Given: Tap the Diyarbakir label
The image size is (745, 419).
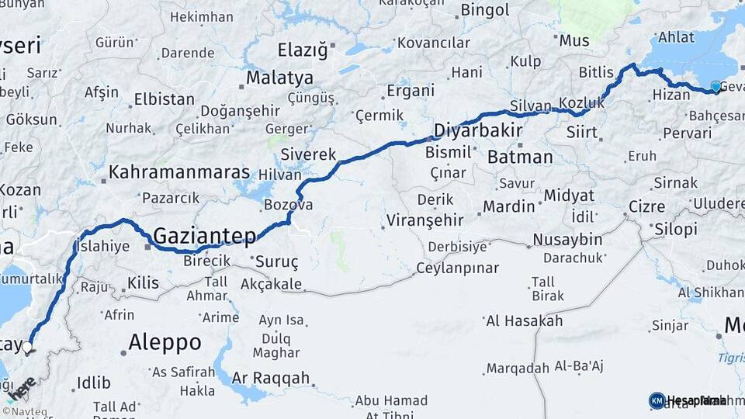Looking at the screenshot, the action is coord(477,130).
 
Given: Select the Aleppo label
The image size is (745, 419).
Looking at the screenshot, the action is coord(165,342).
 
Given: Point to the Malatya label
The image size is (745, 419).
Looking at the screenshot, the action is coord(279,78).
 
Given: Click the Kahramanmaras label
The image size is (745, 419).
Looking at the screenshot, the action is coord(179,172).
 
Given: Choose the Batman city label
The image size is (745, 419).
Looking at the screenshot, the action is coord(520,158).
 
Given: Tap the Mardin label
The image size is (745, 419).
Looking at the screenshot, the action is coord(509,207).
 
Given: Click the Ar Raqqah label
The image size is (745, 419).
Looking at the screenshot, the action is coord(271,379).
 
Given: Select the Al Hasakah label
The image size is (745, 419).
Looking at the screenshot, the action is coord(524,320).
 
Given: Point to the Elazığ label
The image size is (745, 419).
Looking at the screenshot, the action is coord(303,51).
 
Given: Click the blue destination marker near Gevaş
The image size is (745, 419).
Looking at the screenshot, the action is coord(716,87).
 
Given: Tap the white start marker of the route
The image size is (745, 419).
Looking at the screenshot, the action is coord(28,348).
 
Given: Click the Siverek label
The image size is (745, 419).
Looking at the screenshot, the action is coord(308,154).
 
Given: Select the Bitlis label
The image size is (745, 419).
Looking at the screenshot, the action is coord(596,72).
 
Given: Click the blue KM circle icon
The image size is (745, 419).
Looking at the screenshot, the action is coord(657,400).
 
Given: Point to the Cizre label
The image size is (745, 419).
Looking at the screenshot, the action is coord(647,207).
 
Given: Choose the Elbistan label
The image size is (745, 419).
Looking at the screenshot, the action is coord(164,99).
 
